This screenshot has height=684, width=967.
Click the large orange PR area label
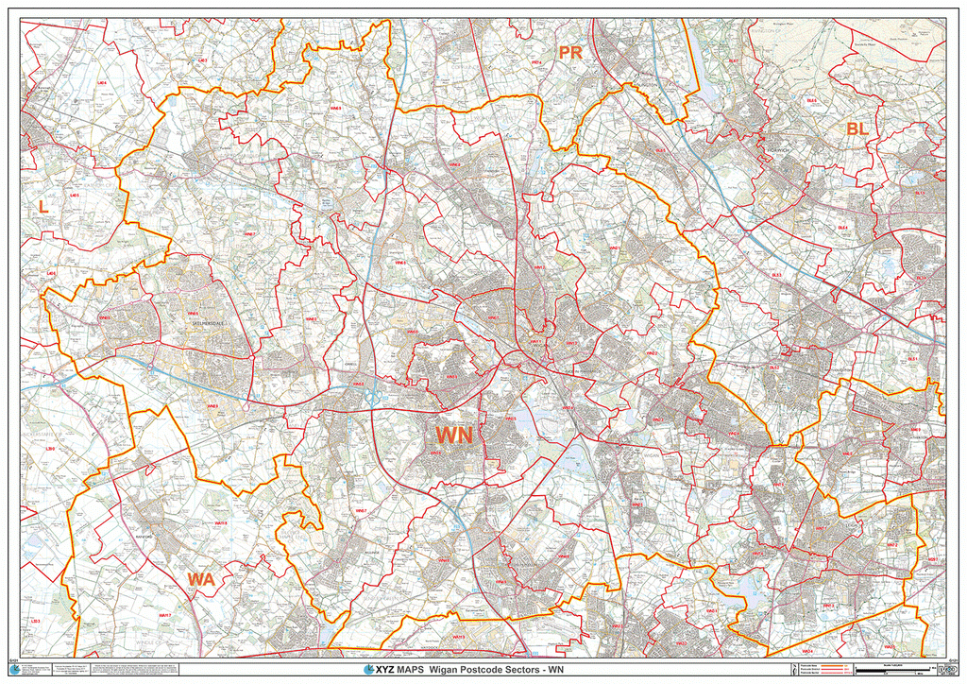tap(570, 53)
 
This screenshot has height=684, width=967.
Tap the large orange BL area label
tap(857, 128)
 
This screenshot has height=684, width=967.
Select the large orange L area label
tap(42, 205)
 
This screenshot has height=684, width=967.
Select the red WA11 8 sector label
tap(221, 523)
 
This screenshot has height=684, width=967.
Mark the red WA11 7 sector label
tap(165, 616)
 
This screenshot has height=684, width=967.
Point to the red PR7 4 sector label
tap(536, 63)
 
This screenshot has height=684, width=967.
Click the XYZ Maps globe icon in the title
tap(368, 670)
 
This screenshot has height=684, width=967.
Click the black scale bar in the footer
tap(888, 671)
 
